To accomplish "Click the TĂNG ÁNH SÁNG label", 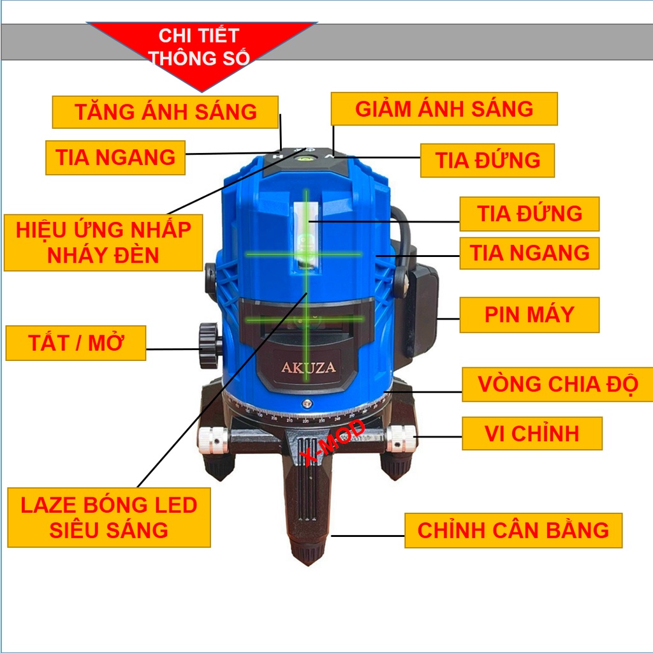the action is [165, 112].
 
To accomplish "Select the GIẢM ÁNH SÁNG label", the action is [444, 108].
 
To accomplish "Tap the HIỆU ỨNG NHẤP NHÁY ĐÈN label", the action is [103, 242].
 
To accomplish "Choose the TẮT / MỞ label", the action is [76, 343].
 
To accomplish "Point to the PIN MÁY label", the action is [529, 314].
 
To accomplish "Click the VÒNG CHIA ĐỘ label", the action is [558, 385].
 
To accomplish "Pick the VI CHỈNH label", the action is [532, 434].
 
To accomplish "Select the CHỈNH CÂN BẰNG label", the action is [513, 530].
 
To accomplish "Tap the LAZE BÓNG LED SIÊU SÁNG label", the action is [109, 517].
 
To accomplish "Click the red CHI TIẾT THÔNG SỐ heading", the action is [198, 47].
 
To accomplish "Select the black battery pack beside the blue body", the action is [421, 312].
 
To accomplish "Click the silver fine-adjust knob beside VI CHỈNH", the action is [400, 437].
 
